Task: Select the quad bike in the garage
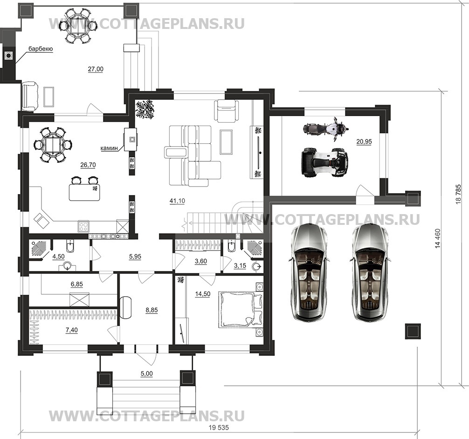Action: [325, 162]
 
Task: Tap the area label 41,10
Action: [177, 201]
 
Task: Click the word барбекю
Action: [40, 49]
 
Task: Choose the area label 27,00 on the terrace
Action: [96, 69]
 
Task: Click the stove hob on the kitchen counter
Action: [84, 227]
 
